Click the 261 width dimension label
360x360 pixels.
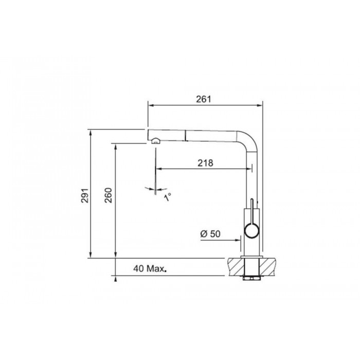(204, 99)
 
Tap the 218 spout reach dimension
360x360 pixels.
(206, 163)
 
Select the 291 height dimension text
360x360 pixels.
(85, 195)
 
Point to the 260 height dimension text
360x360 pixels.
(108, 195)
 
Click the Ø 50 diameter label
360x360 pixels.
(210, 233)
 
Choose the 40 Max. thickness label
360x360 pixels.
(150, 268)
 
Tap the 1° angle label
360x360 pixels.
(168, 197)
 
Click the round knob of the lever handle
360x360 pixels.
(252, 231)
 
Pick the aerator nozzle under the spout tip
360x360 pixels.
(156, 141)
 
